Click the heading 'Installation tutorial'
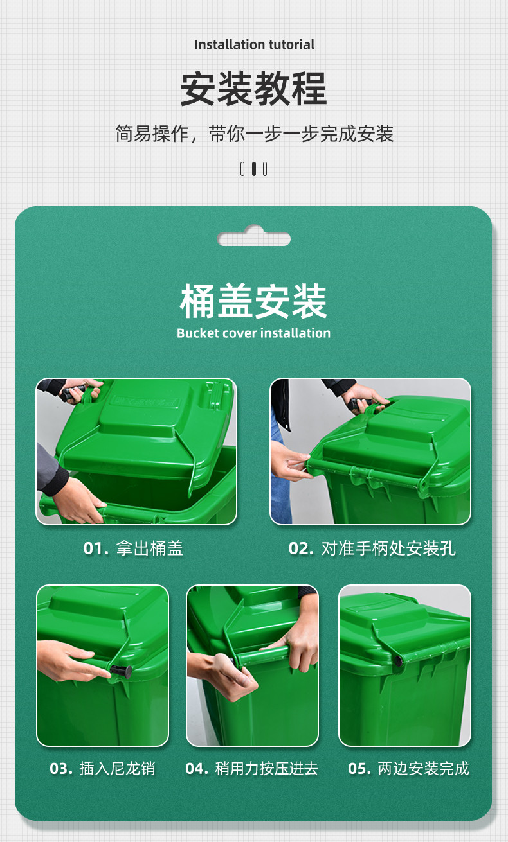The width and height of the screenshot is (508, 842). [255, 45]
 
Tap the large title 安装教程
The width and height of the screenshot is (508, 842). [253, 89]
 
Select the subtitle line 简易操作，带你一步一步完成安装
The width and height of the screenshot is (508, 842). [254, 134]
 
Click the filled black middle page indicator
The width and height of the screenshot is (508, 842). [254, 169]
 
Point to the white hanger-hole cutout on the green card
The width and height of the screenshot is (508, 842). [254, 236]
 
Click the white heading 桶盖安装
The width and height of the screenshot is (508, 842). [253, 301]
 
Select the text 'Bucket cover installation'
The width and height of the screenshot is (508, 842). [253, 333]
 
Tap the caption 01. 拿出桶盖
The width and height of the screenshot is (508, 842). [133, 548]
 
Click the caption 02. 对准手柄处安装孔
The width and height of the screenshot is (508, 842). [372, 548]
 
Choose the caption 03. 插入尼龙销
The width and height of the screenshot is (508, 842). [102, 769]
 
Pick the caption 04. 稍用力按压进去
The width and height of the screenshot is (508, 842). [251, 769]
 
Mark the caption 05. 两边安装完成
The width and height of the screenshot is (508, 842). [409, 769]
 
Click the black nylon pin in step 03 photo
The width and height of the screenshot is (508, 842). [121, 671]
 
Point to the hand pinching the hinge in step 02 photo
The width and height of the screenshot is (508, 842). [291, 461]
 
